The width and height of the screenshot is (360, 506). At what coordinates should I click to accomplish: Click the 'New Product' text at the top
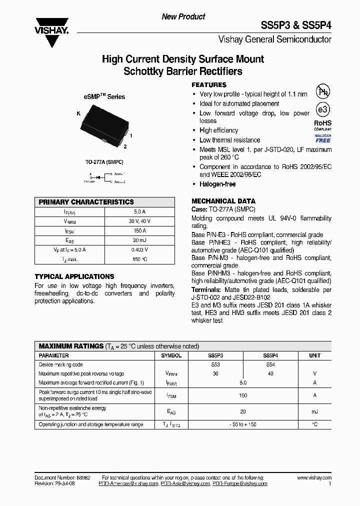click(x=183, y=16)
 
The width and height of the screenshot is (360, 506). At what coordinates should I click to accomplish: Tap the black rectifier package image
click(x=103, y=127)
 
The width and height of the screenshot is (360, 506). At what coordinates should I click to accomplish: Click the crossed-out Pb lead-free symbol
click(x=323, y=91)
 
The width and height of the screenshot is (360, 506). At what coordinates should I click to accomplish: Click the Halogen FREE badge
click(x=322, y=138)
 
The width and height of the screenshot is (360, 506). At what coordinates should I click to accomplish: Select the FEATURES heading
click(x=209, y=85)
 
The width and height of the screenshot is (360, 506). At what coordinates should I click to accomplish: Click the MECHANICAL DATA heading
click(x=223, y=201)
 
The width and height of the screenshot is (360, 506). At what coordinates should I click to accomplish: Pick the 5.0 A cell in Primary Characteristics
click(x=139, y=211)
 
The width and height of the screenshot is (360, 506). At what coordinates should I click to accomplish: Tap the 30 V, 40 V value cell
click(x=139, y=221)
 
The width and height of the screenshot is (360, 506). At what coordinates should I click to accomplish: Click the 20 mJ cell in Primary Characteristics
click(x=139, y=240)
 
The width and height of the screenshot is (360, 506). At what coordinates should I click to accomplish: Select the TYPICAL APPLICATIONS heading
click(x=74, y=276)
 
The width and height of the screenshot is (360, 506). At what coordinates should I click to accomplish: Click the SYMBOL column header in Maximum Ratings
click(x=171, y=355)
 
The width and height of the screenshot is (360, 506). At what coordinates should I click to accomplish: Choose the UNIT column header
click(x=314, y=355)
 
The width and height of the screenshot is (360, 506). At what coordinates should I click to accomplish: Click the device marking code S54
click(x=269, y=364)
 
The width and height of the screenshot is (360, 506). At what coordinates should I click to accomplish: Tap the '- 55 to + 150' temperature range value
click(x=242, y=424)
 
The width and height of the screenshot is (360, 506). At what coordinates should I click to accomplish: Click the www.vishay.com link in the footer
click(x=313, y=478)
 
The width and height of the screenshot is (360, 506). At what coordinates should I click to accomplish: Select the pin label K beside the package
click(x=78, y=114)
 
